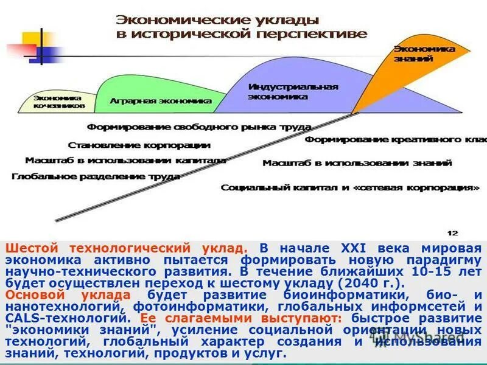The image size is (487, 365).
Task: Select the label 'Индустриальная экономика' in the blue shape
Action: pos(293,91)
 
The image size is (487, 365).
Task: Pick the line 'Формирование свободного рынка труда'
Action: pos(199,127)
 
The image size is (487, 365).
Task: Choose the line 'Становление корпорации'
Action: pos(139,145)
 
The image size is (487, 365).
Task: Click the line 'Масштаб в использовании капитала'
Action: pos(125,161)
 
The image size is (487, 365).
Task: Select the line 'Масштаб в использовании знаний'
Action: pos(357,163)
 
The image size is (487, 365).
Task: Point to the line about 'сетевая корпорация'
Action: pos(350,187)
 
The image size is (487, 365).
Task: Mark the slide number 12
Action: pos(452,232)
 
